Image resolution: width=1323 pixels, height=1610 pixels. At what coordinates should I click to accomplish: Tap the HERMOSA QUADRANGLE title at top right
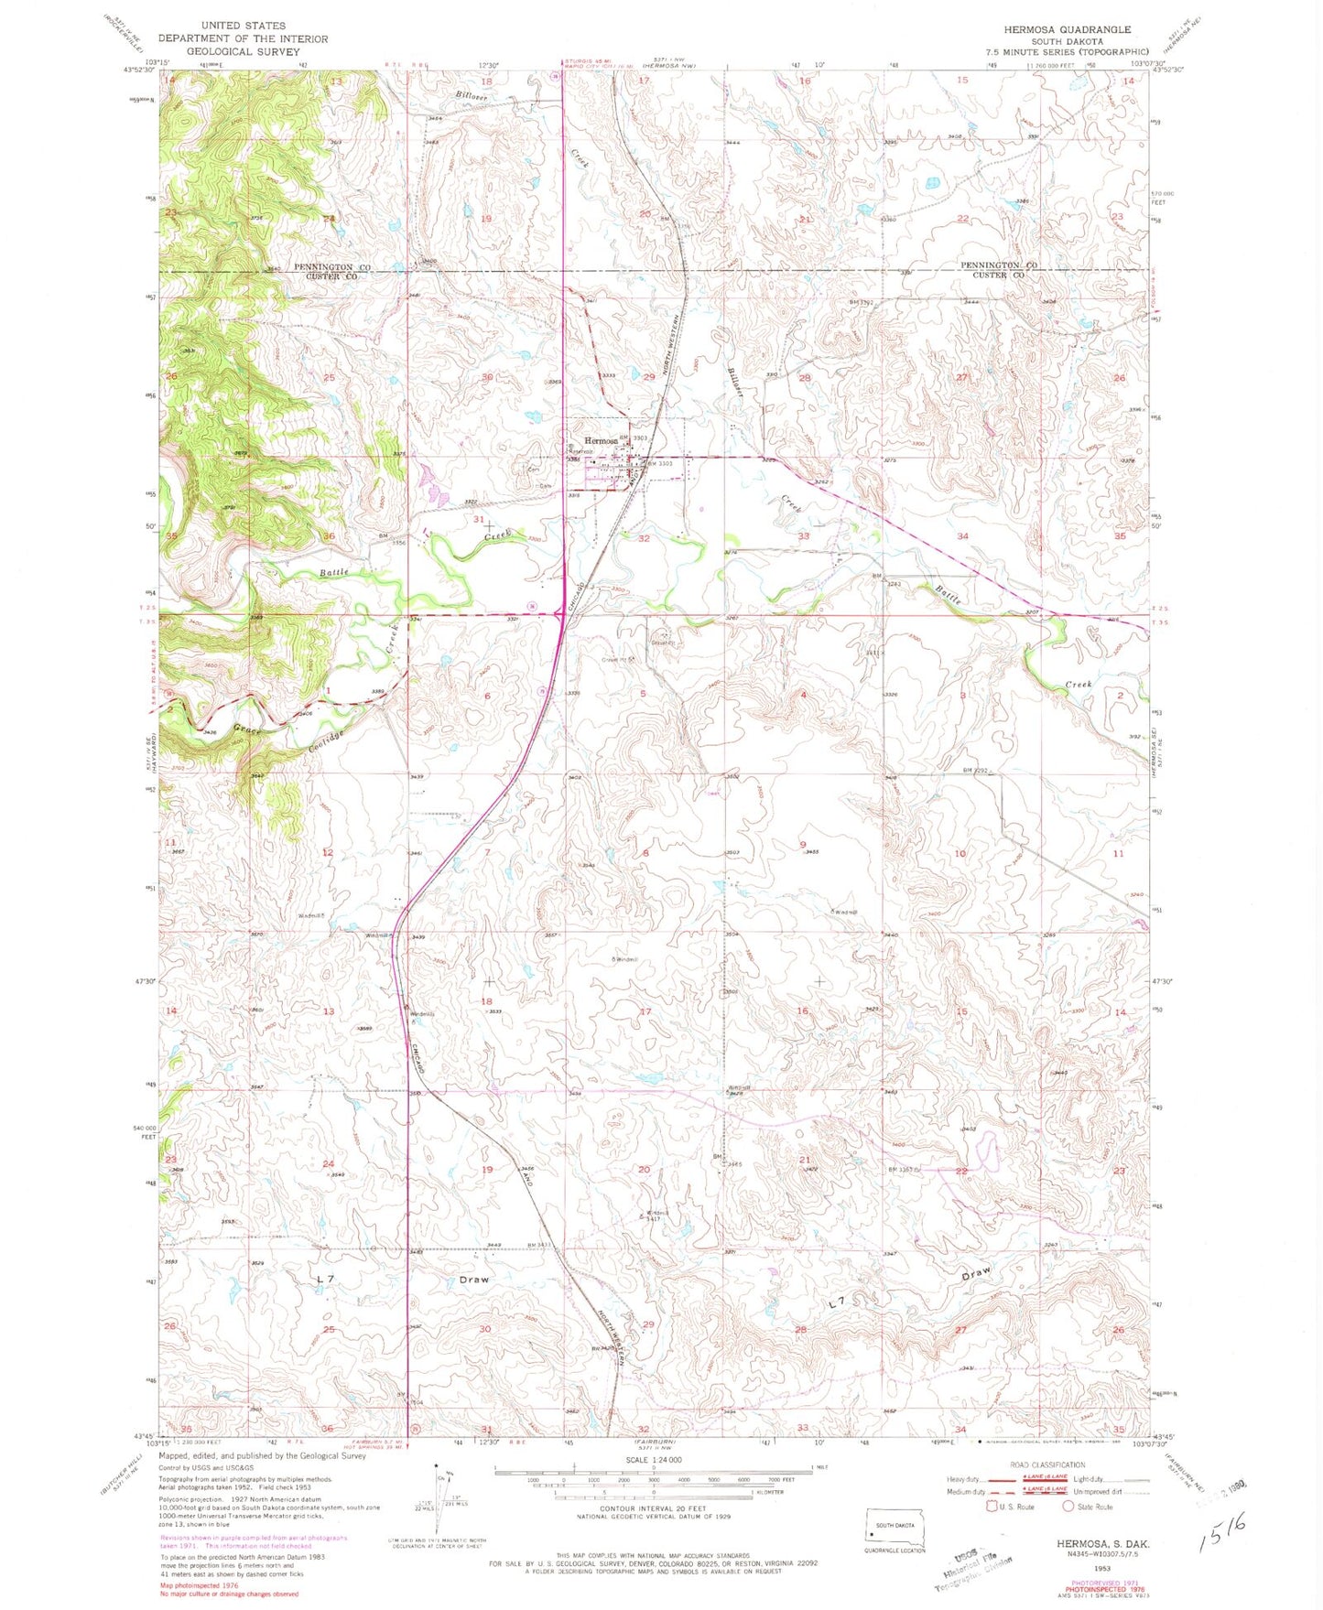tap(1067, 29)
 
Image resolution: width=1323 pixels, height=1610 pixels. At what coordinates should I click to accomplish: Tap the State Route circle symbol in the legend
tap(1067, 1506)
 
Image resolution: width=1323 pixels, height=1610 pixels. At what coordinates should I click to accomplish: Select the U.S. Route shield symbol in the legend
tap(991, 1506)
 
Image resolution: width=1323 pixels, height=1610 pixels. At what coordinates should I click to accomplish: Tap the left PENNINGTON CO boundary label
tap(331, 267)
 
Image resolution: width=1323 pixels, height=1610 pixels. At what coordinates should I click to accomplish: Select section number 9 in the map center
tap(803, 844)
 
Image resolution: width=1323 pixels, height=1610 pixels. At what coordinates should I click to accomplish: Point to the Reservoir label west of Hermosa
tap(582, 451)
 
